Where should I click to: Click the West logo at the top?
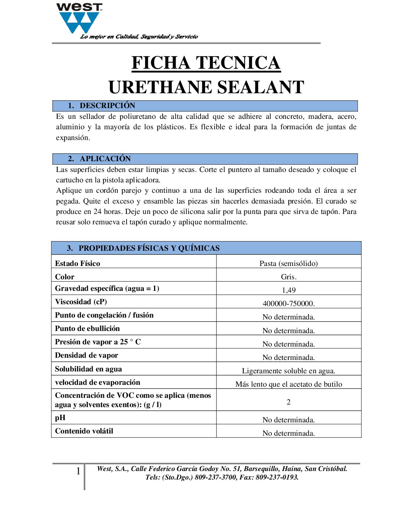(x=79, y=19)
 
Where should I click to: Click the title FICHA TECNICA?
(x=206, y=63)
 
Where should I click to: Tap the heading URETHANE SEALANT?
(x=206, y=87)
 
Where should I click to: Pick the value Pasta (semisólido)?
(x=289, y=263)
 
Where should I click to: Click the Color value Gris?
(x=289, y=277)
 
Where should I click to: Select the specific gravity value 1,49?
(x=289, y=290)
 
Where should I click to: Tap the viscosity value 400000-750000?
(x=289, y=303)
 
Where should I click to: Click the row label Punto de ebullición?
(x=87, y=328)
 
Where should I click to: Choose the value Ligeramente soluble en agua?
(x=289, y=371)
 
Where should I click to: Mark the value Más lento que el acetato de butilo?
(x=289, y=384)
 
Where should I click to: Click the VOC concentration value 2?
(x=289, y=402)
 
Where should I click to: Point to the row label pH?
(x=60, y=418)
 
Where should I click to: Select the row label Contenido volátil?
(x=84, y=431)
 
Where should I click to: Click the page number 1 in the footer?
(x=78, y=471)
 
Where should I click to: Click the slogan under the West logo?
(x=139, y=36)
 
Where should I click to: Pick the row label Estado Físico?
(x=77, y=263)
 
